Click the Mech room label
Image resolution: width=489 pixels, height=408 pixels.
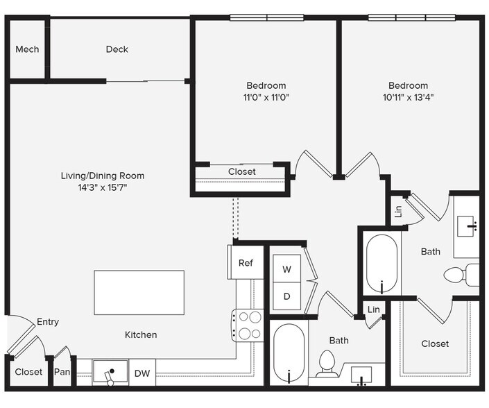point(27,49)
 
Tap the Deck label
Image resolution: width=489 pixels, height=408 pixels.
point(117,49)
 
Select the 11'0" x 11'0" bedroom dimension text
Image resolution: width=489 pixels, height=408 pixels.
point(266,97)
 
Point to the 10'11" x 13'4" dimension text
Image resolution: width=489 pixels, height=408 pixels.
point(409,97)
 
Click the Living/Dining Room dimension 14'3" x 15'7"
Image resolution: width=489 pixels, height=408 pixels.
point(103,187)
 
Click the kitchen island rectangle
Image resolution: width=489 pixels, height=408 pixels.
point(139,293)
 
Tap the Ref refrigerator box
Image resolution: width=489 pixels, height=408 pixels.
point(246,262)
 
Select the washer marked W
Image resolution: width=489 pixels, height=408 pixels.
point(287,269)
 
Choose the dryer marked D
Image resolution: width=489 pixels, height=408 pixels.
point(287,296)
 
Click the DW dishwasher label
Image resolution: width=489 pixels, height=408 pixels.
point(142,373)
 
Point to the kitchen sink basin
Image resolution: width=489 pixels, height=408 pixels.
point(110,371)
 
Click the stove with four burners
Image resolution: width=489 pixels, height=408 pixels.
point(248,325)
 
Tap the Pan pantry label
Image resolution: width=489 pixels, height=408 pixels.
point(62,372)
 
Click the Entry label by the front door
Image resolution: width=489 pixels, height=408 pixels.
point(48,322)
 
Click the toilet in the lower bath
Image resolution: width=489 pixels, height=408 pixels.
point(327,364)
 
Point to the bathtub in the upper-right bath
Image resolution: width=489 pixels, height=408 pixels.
point(381,263)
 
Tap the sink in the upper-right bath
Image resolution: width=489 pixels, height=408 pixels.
point(466,226)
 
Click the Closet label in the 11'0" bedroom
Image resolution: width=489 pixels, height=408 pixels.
point(241,171)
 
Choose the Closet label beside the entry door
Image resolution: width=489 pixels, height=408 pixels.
point(28,372)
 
